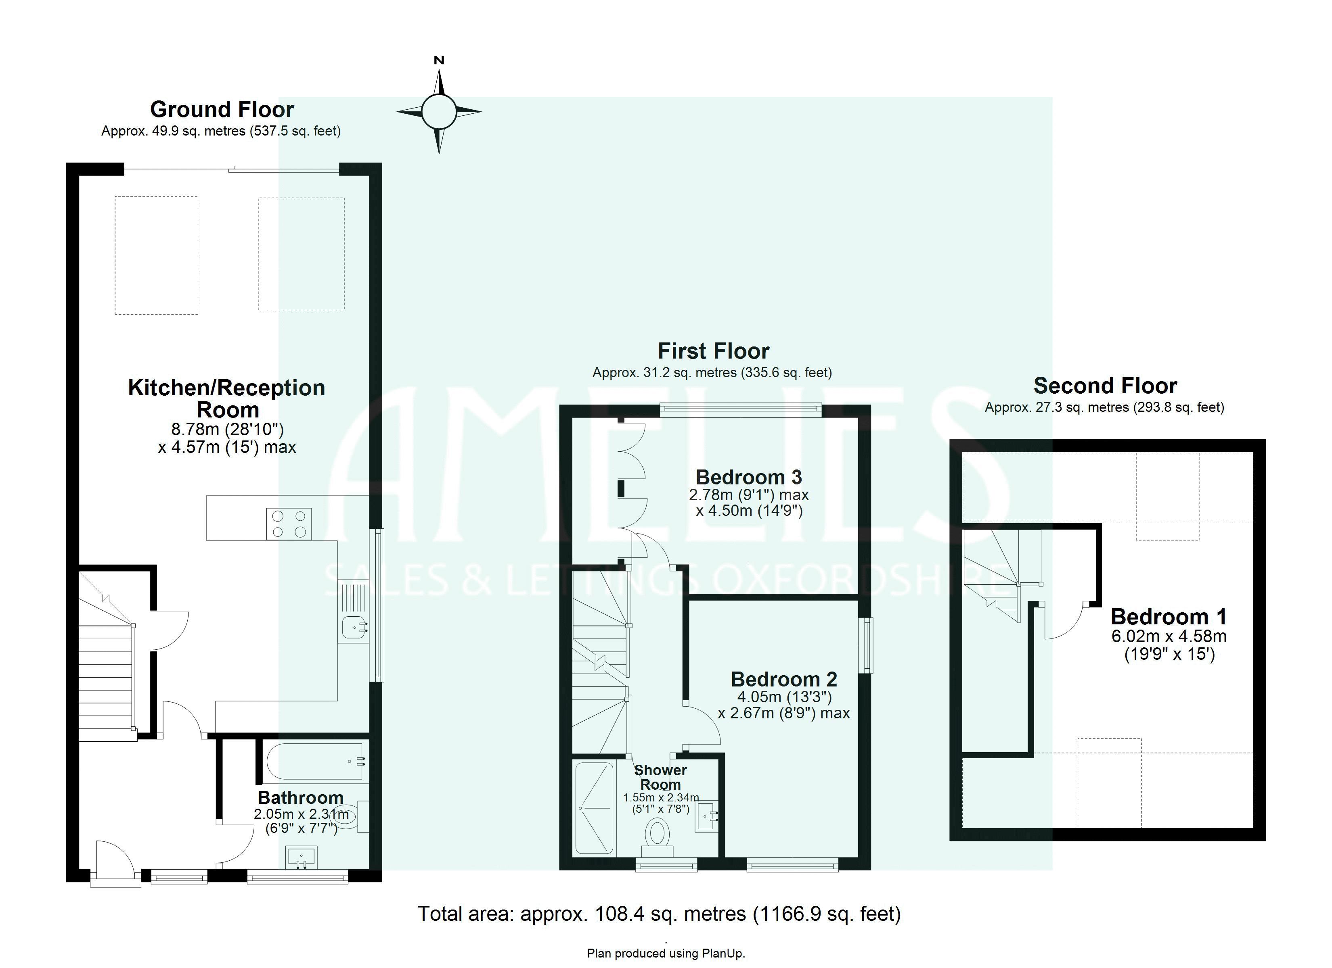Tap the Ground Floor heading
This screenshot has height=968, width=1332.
pyautogui.click(x=222, y=110)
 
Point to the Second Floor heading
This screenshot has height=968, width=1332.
pyautogui.click(x=1105, y=386)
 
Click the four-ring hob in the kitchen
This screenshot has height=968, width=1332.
pyautogui.click(x=288, y=524)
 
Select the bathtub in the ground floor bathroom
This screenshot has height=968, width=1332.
pyautogui.click(x=315, y=761)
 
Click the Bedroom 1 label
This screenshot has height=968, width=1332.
pyautogui.click(x=1169, y=617)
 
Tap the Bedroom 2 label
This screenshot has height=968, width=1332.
pyautogui.click(x=783, y=679)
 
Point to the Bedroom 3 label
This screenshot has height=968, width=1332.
pyautogui.click(x=748, y=477)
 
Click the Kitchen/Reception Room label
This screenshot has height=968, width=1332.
pyautogui.click(x=227, y=398)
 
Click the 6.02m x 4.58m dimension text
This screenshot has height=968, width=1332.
pyautogui.click(x=1169, y=636)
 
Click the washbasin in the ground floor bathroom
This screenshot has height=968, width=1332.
pyautogui.click(x=301, y=857)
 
